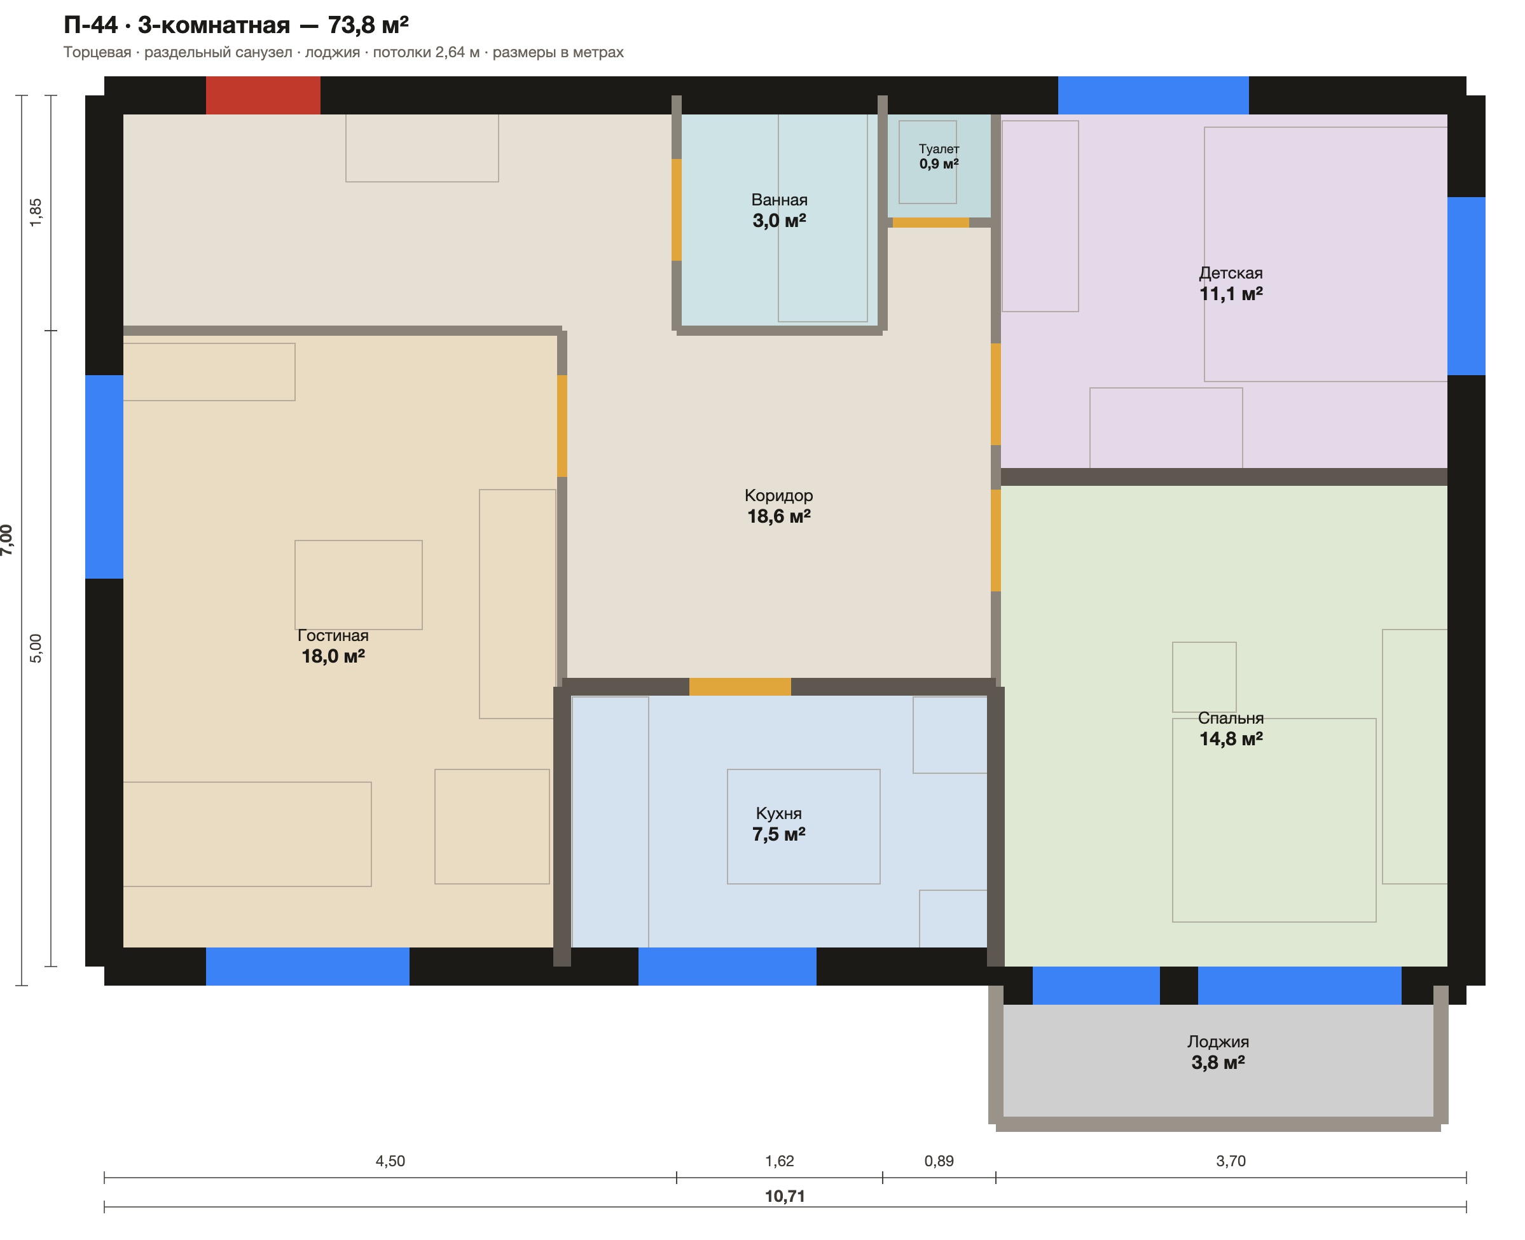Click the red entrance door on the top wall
tap(263, 95)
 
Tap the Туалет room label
tap(939, 149)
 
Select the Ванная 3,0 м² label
tap(779, 210)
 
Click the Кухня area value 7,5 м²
tap(778, 834)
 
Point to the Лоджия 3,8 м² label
tap(1218, 1052)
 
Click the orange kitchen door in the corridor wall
tap(740, 686)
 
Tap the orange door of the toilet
tap(931, 222)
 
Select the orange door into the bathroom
tap(677, 210)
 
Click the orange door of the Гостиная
tap(562, 425)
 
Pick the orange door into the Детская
tap(996, 394)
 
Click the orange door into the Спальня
tap(996, 540)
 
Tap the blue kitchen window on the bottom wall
tap(727, 967)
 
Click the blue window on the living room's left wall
tap(104, 476)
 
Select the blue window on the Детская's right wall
tap(1466, 286)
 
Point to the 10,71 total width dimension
tap(785, 1195)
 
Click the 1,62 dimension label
tap(779, 1161)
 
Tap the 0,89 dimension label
tap(939, 1161)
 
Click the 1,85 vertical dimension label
tap(36, 212)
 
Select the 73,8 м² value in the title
tap(368, 25)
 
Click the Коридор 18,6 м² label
tap(778, 506)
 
